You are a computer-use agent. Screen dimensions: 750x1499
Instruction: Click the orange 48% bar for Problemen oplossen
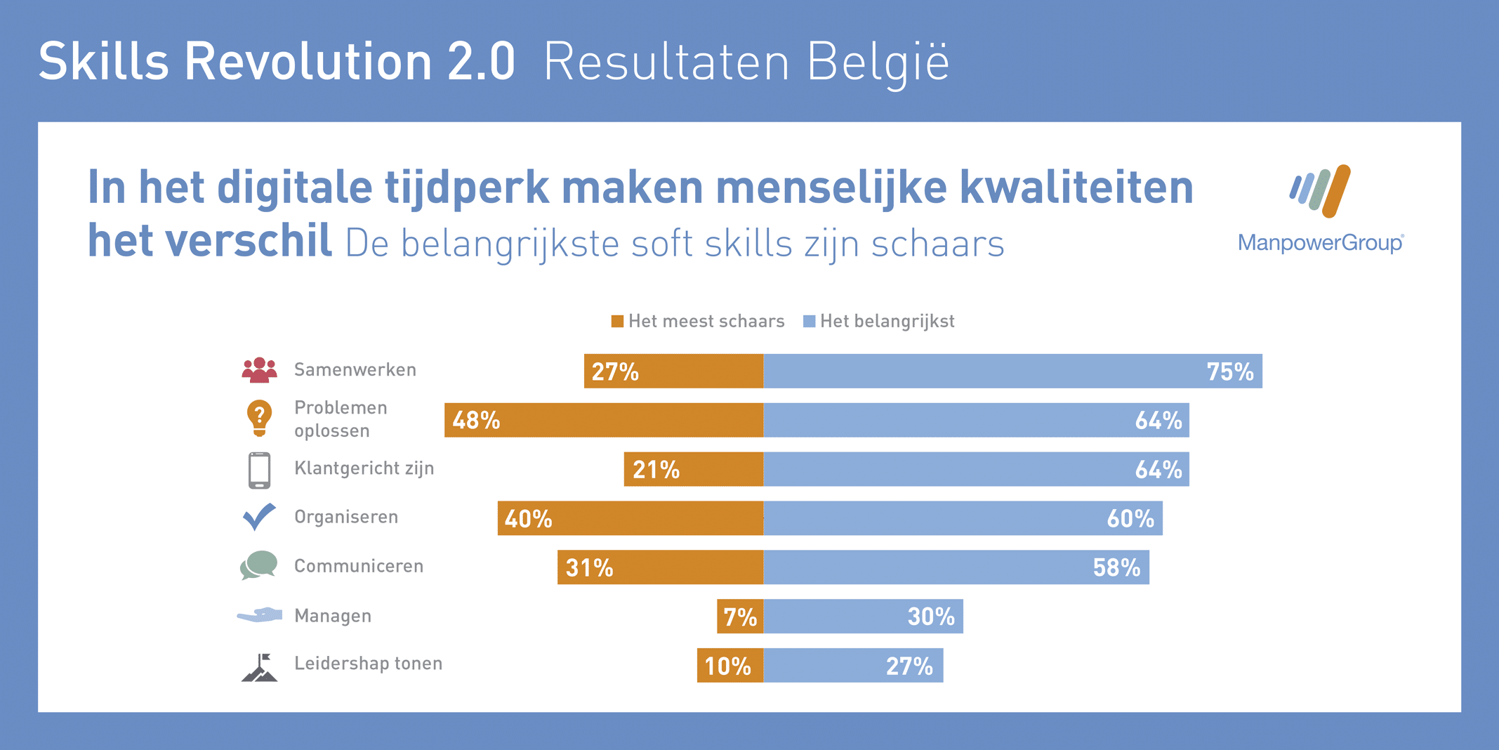click(604, 420)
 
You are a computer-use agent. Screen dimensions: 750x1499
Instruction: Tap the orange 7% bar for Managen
click(740, 616)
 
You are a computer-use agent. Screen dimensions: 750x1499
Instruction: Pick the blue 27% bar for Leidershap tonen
click(853, 665)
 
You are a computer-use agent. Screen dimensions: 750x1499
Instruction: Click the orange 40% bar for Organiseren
click(630, 518)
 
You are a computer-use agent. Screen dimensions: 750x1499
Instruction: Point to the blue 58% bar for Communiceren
click(956, 567)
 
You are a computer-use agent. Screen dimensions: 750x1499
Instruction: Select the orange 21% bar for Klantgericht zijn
click(693, 469)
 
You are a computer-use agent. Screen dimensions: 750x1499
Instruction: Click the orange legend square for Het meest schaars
click(617, 322)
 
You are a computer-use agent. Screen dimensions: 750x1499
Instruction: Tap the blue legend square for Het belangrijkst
click(809, 322)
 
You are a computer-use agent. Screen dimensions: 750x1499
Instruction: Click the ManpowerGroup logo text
click(1320, 243)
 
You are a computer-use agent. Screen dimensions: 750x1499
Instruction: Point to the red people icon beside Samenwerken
click(259, 370)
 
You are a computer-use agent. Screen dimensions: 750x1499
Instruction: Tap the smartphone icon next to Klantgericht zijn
click(259, 470)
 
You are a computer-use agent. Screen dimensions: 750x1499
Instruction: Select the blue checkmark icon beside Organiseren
click(259, 517)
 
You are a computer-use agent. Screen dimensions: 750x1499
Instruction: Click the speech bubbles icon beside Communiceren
click(259, 566)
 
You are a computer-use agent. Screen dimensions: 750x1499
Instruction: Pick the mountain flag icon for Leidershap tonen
click(259, 667)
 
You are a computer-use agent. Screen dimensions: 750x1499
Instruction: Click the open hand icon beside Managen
click(259, 615)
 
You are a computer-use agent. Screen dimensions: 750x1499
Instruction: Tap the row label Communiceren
click(358, 566)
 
